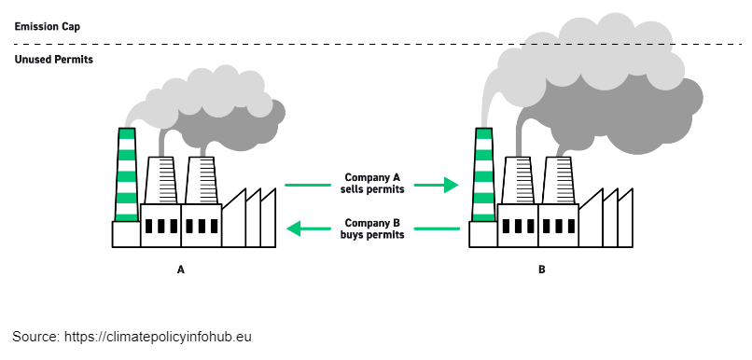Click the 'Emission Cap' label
47,26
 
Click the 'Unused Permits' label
53,60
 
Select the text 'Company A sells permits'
374,183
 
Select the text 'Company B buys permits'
374,229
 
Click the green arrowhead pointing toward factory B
452,186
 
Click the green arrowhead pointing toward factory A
294,228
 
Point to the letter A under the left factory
181,270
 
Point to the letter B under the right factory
541,270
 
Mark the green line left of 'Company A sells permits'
307,186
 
